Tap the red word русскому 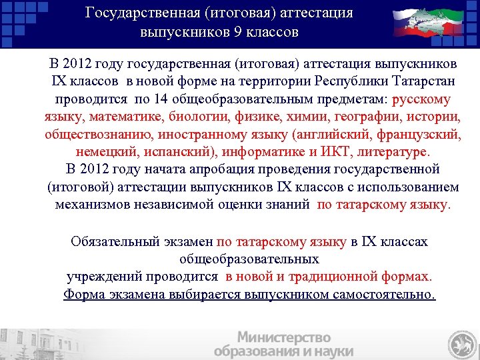pos(422,100)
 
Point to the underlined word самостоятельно pos(382,294)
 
